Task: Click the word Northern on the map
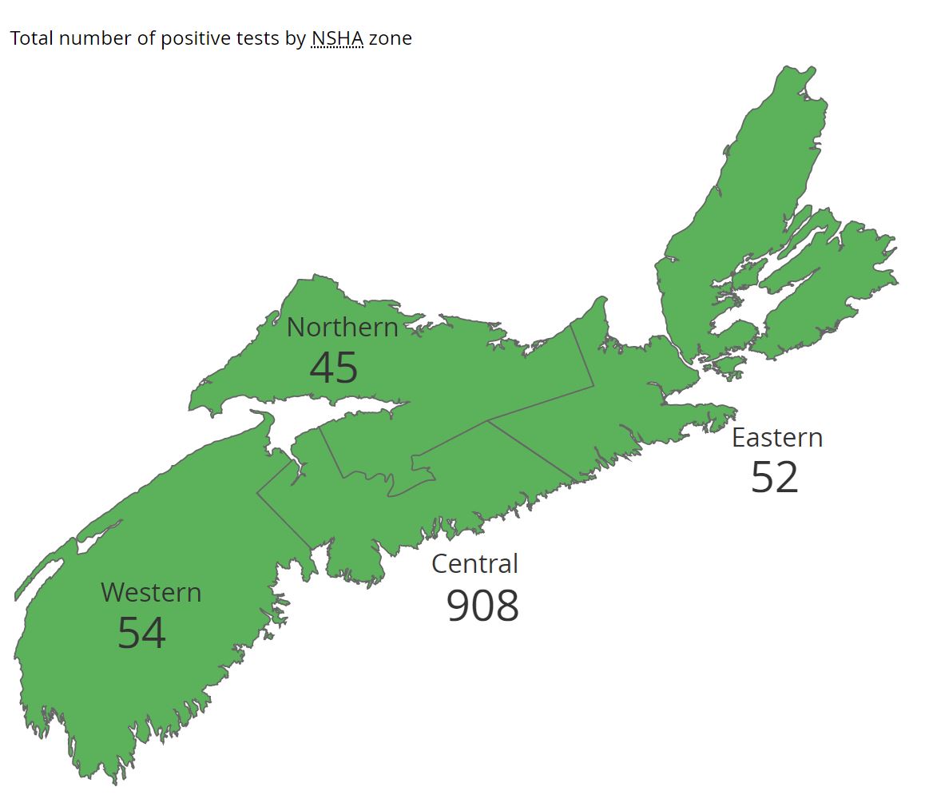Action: click(x=342, y=328)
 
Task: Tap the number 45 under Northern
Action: click(x=334, y=368)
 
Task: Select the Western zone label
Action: click(x=151, y=593)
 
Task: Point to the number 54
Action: click(x=141, y=633)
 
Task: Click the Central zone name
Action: click(x=474, y=564)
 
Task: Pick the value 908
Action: click(x=482, y=606)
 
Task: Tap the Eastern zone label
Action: click(x=777, y=438)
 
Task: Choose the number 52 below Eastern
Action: click(x=775, y=478)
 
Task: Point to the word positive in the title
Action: click(x=192, y=38)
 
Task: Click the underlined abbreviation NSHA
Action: click(x=337, y=38)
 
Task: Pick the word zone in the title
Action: click(x=391, y=38)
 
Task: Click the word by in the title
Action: click(x=294, y=38)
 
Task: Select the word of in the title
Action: click(x=145, y=38)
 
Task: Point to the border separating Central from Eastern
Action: click(x=531, y=451)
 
